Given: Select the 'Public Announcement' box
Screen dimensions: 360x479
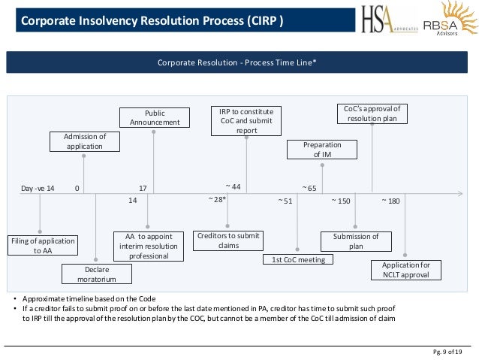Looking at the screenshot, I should click(x=155, y=118).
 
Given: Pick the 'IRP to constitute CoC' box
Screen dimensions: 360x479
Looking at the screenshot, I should click(x=246, y=120).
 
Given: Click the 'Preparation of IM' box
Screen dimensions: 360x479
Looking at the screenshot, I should click(x=322, y=150).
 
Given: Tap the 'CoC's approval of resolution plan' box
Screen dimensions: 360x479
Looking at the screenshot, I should click(x=372, y=113).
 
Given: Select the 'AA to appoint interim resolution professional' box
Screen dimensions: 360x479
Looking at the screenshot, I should click(x=148, y=246).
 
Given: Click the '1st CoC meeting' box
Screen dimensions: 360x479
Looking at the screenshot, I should click(x=298, y=260).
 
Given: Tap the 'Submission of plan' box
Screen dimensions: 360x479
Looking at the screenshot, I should click(x=356, y=241).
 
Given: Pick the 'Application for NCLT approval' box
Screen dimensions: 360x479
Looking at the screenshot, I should click(x=405, y=270).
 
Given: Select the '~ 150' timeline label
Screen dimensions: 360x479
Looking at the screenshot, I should click(x=342, y=201).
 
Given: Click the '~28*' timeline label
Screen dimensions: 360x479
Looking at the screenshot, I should click(x=217, y=200).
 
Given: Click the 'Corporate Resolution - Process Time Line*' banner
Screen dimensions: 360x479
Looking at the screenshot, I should click(x=236, y=62).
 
